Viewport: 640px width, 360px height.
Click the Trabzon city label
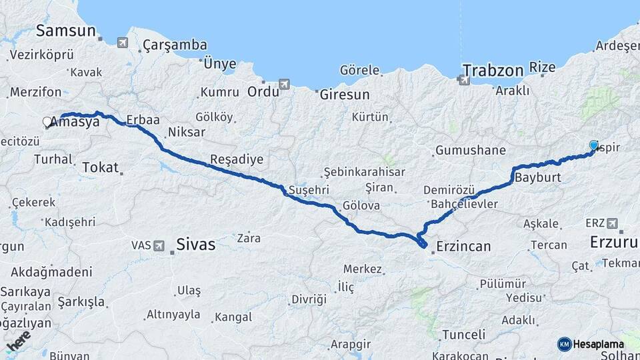[x=494, y=70]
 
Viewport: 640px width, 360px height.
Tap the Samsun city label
[x=66, y=31]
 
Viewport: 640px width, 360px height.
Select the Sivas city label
[x=196, y=245]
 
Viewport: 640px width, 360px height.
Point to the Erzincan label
[x=463, y=246]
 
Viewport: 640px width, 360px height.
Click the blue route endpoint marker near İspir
[x=594, y=145]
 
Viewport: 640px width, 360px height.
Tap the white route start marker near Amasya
[x=47, y=122]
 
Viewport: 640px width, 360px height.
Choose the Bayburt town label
[x=537, y=179]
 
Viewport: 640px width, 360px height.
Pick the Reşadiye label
[x=236, y=160]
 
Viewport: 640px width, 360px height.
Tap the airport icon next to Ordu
[x=285, y=85]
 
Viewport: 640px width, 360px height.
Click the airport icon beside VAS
[x=159, y=245]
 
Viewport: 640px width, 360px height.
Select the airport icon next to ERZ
[x=612, y=223]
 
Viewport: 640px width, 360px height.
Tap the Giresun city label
[x=345, y=95]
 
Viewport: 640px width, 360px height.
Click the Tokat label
[x=100, y=168]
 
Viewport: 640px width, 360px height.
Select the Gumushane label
[x=470, y=150]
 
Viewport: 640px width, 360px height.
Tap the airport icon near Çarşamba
[x=123, y=43]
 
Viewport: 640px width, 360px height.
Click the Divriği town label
[x=309, y=299]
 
